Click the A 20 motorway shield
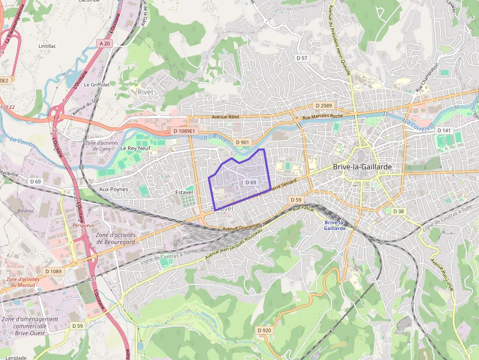pyautogui.click(x=105, y=43)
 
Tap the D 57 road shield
pyautogui.click(x=302, y=58)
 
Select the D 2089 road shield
pyautogui.click(x=324, y=106)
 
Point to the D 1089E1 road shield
pyautogui.click(x=184, y=131)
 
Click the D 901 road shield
pyautogui.click(x=242, y=142)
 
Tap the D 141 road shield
pyautogui.click(x=444, y=130)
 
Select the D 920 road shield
pyautogui.click(x=264, y=330)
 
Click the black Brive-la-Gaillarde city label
pyautogui.click(x=362, y=167)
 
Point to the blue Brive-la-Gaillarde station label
pyautogui.click(x=335, y=225)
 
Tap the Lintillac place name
pyautogui.click(x=48, y=46)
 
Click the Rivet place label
pyautogui.click(x=145, y=92)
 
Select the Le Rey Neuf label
pyautogui.click(x=135, y=148)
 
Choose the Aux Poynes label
pyautogui.click(x=113, y=189)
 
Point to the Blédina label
pyautogui.click(x=25, y=211)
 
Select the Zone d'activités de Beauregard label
pyautogui.click(x=116, y=238)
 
